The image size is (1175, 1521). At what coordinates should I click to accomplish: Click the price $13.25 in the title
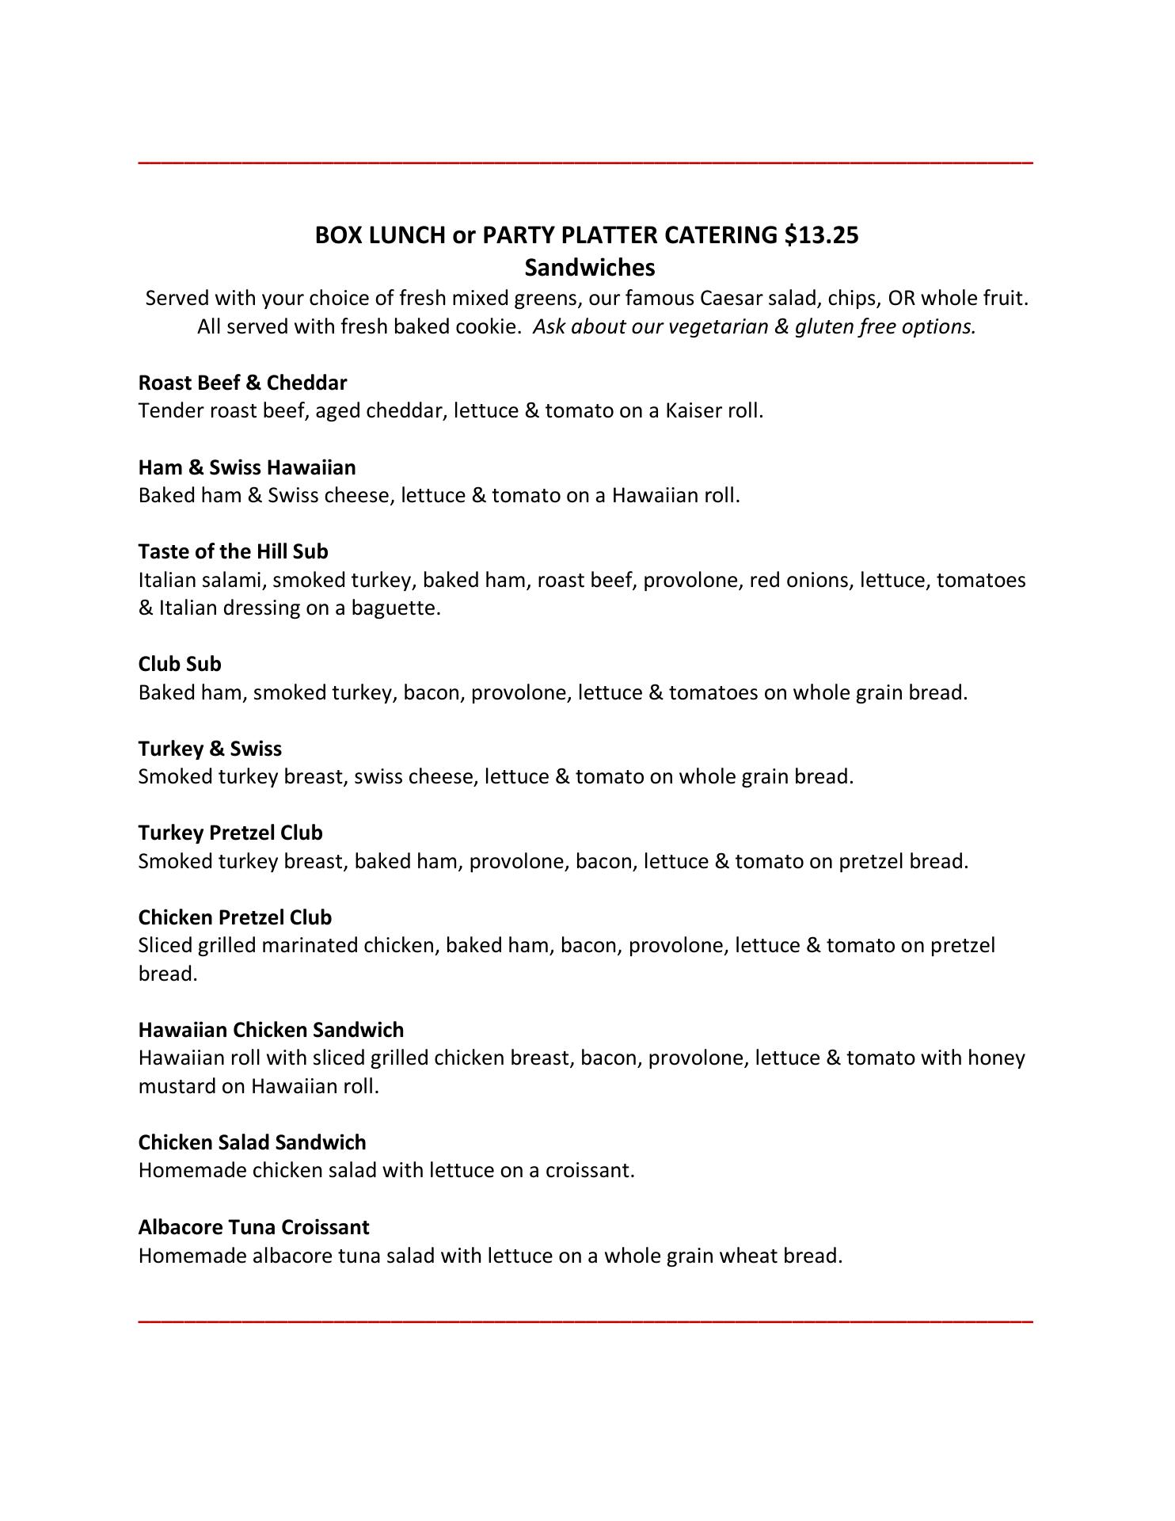821,235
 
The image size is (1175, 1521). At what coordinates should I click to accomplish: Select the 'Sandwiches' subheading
589,268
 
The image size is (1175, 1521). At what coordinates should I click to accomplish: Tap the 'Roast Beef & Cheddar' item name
242,383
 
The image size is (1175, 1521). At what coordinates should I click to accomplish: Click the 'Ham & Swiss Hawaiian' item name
247,467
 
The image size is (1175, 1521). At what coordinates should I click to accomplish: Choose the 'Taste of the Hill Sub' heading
233,551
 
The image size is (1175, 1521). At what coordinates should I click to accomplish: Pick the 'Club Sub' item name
180,664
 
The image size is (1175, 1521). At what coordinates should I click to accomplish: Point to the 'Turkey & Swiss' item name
210,749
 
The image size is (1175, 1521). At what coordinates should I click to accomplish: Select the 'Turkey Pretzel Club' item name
230,833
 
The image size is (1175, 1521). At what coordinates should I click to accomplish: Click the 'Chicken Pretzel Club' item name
235,917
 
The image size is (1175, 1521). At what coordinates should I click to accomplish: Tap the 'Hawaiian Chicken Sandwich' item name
271,1030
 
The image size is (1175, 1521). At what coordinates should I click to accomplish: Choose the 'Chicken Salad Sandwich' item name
252,1142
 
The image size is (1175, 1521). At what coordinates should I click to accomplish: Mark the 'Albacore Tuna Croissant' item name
253,1227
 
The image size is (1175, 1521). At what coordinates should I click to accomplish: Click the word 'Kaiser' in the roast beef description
693,411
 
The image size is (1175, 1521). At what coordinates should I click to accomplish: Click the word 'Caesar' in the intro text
731,299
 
